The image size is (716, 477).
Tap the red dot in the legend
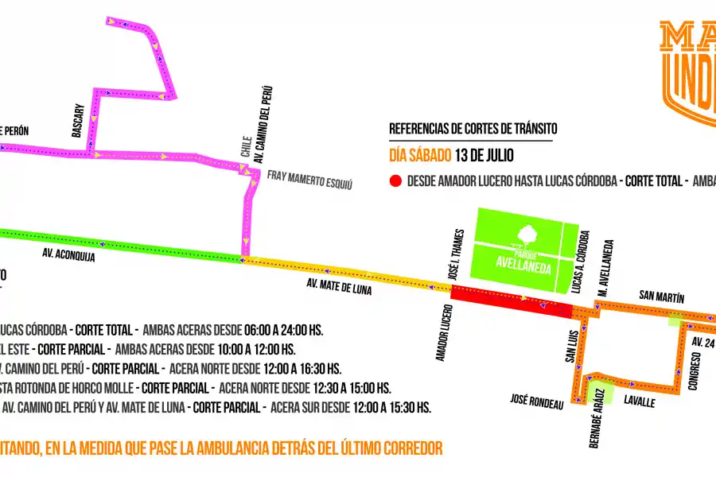click(395, 181)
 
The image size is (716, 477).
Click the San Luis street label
click(570, 347)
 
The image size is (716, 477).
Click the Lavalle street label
click(640, 402)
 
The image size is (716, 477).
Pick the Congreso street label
click(695, 374)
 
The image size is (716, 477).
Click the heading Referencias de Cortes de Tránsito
click(473, 129)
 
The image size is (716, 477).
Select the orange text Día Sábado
click(420, 154)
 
